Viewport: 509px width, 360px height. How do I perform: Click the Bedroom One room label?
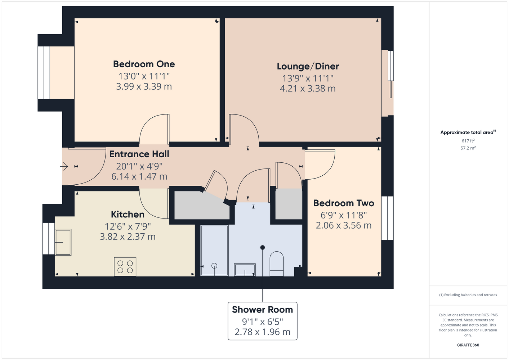coord(144,64)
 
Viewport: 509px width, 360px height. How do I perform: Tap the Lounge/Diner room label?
coord(308,66)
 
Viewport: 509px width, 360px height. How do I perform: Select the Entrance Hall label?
coord(139,154)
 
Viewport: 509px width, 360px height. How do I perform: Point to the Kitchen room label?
coord(128,215)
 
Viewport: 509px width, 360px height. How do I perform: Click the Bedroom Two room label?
coord(344,203)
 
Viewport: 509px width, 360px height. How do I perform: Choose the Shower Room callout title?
coord(263,310)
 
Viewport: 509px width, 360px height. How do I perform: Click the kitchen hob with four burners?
coord(125,267)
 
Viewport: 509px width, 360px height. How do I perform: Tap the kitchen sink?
coord(63,242)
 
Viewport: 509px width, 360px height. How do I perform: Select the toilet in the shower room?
coord(277,264)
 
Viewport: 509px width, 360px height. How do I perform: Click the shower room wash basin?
coord(245,270)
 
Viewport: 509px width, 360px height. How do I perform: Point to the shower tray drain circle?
coord(214,266)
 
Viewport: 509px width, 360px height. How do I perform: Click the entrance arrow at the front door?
coord(64,166)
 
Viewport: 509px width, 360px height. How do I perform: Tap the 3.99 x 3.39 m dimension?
coord(144,86)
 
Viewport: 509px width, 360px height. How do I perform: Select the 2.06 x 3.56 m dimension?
coord(344,225)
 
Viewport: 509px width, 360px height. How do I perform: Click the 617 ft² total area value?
coord(468,141)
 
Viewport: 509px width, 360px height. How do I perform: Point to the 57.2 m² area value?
coord(468,148)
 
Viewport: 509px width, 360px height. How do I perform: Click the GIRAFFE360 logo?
coord(468,345)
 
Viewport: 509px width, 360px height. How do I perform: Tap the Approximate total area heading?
coord(468,132)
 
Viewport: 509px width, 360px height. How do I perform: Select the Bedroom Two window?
coord(387,218)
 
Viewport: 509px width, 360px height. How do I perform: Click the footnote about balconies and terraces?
coord(468,295)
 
